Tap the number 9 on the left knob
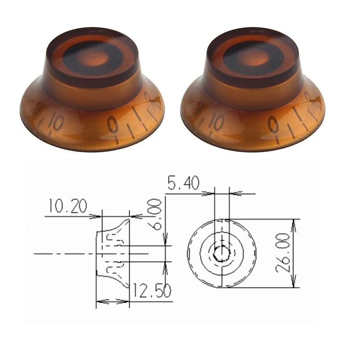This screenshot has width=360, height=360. pyautogui.click(x=114, y=126)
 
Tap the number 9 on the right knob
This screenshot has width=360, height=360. pyautogui.click(x=275, y=126)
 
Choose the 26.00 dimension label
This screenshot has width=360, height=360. pyautogui.click(x=284, y=253)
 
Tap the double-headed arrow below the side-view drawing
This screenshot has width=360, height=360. pyautogui.click(x=113, y=301)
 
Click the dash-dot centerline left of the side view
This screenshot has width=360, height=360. pyautogui.click(x=62, y=252)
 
